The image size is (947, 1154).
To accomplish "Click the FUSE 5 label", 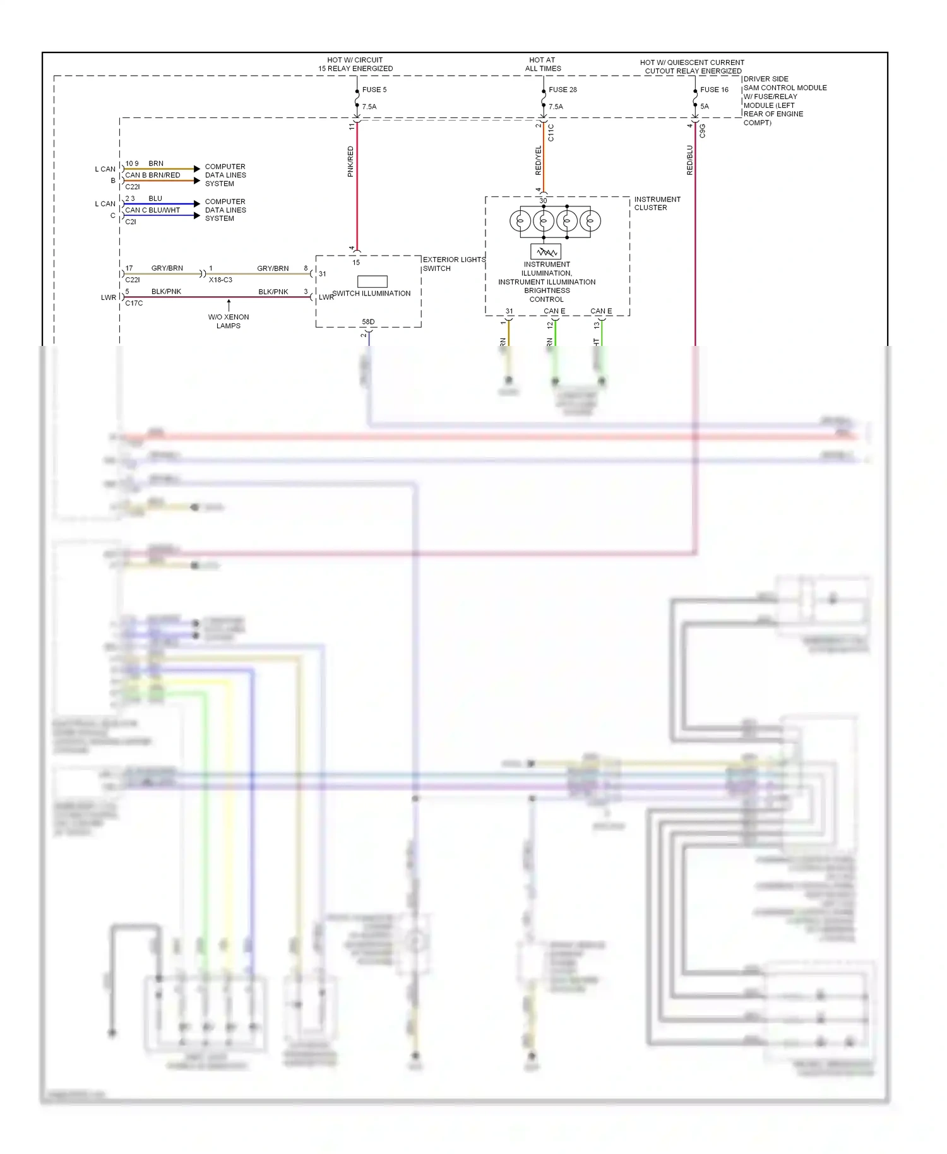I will coord(374,90).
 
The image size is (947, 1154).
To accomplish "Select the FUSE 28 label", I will coord(563,90).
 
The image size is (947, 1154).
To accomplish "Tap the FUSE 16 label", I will coord(714,90).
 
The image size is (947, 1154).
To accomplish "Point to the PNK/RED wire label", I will coord(351,162).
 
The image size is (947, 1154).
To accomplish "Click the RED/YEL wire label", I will coord(539,160).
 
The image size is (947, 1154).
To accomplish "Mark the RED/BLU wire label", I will coord(690,160).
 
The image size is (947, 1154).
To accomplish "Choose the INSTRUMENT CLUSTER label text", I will coord(657,203).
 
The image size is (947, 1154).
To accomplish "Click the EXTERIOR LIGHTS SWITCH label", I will coord(453,264).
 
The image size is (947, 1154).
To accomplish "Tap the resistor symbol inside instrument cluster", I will coord(545,252).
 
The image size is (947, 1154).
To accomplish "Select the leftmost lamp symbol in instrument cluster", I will coord(520,222).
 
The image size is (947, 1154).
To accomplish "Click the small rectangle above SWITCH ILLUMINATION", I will coord(372,282).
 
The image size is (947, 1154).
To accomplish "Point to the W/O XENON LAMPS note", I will coord(229,321).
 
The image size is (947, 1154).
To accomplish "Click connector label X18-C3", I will coord(220,280).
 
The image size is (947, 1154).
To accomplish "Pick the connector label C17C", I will coord(134,303).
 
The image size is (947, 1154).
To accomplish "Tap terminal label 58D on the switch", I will coord(368,322).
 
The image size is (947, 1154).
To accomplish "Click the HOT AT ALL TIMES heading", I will coord(542,64).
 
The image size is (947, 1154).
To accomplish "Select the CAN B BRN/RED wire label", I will coord(153,175).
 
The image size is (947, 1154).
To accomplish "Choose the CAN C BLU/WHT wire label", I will coord(153,210).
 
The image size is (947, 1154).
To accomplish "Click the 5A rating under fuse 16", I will coord(705,107).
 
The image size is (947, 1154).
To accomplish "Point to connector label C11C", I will coord(551,133).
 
